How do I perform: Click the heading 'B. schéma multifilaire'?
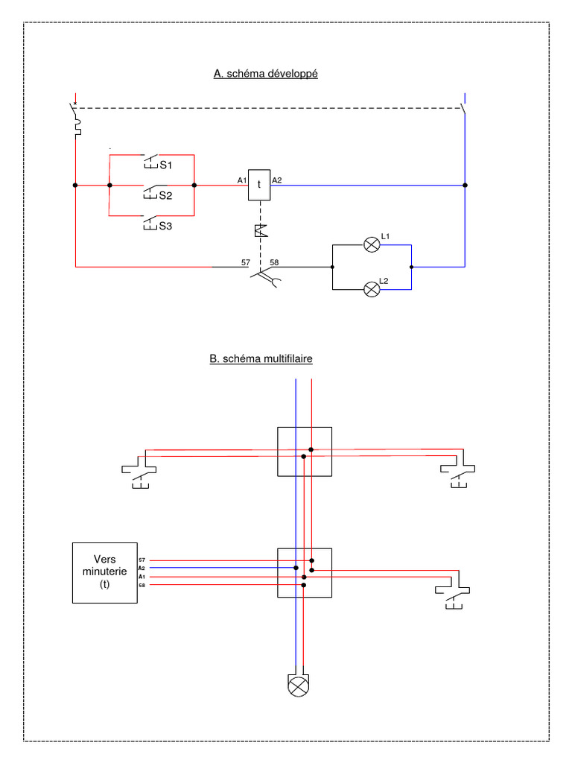click(x=261, y=358)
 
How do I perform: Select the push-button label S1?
click(x=165, y=165)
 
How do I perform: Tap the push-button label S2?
click(x=165, y=196)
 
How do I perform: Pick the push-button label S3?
click(x=165, y=226)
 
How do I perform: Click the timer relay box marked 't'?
click(x=258, y=185)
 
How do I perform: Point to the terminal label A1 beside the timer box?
click(x=241, y=180)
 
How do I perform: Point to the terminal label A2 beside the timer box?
click(x=276, y=180)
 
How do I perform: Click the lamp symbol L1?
click(x=371, y=244)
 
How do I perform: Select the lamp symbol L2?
click(x=371, y=288)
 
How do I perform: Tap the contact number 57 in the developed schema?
click(x=245, y=262)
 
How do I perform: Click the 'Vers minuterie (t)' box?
click(x=104, y=572)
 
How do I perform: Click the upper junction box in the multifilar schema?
click(x=304, y=451)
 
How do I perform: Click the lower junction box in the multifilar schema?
click(x=304, y=572)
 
